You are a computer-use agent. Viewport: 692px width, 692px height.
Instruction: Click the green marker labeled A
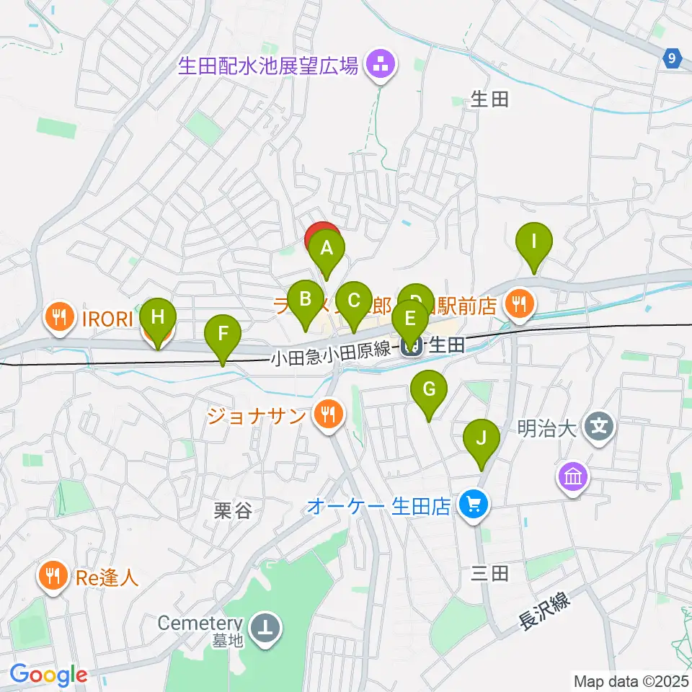[x=326, y=249]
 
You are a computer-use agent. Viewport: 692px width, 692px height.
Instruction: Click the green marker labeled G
[x=428, y=390]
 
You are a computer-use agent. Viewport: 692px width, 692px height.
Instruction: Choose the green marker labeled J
[x=482, y=438]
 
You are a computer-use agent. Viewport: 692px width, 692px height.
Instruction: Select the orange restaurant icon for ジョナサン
[x=329, y=415]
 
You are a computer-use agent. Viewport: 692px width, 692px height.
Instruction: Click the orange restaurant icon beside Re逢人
[x=53, y=576]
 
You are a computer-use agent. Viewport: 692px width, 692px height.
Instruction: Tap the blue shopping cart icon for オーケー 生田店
[x=473, y=504]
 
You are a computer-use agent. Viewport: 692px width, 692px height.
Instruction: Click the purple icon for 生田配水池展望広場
[x=380, y=67]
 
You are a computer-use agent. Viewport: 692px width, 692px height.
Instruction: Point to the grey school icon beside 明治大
[x=599, y=427]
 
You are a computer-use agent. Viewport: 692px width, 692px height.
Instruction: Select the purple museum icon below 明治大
[x=573, y=476]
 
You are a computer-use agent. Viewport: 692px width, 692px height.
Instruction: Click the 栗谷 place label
[x=233, y=511]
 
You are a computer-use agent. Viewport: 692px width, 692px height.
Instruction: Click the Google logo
[x=48, y=675]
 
